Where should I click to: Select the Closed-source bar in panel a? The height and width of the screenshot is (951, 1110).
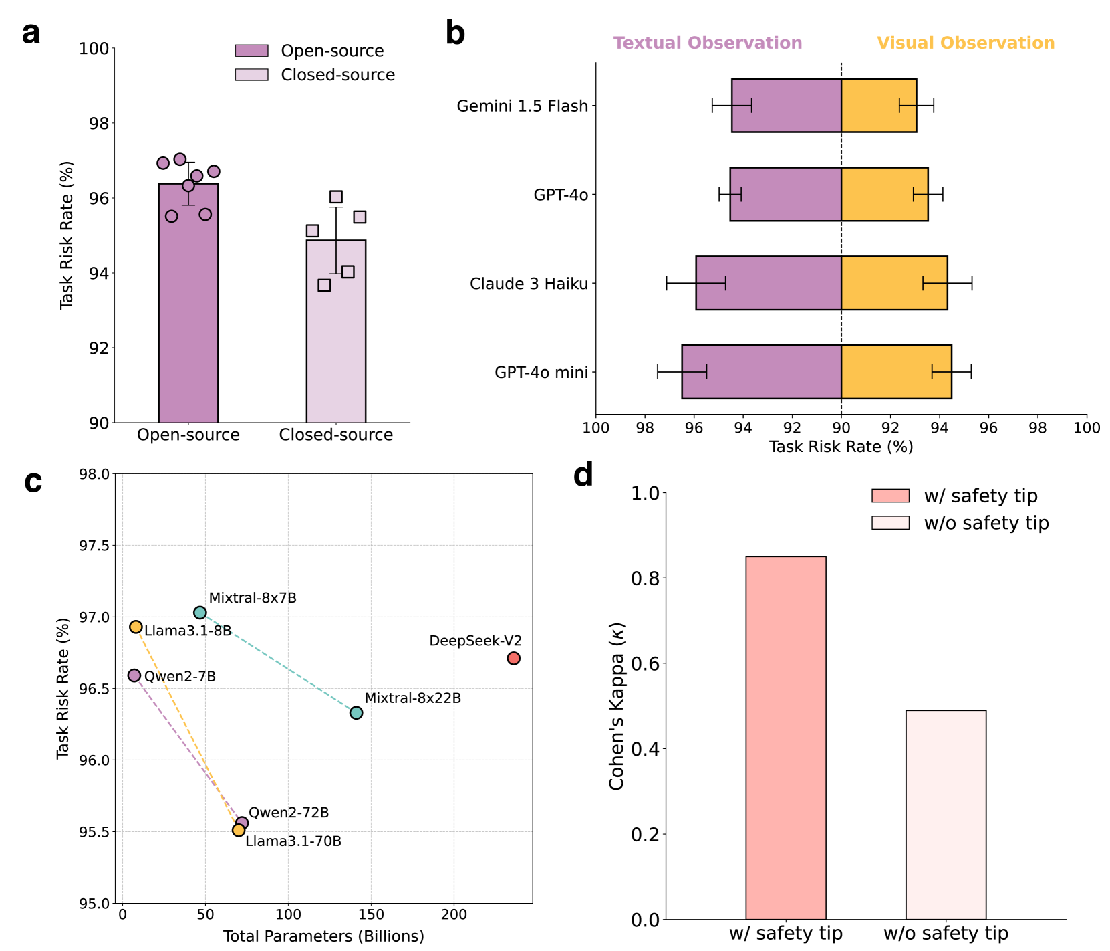[335, 334]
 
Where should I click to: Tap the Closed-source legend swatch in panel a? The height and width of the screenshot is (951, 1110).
[251, 74]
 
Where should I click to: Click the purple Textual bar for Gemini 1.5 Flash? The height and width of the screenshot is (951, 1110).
[786, 106]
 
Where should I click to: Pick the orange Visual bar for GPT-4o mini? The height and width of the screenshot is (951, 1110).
[895, 372]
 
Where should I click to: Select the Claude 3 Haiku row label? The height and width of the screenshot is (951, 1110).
[529, 284]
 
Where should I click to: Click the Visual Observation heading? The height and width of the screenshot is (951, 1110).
[965, 43]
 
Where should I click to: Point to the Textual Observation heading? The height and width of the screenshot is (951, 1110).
[707, 43]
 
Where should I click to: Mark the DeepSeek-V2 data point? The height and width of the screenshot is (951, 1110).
[513, 659]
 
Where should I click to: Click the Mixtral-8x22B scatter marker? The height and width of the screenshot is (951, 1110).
[356, 713]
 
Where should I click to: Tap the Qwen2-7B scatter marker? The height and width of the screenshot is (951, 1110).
[134, 675]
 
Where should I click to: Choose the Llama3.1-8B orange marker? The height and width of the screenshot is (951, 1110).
[136, 627]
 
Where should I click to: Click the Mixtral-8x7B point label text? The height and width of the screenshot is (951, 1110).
[253, 598]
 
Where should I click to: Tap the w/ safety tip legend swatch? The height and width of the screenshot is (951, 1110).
[890, 496]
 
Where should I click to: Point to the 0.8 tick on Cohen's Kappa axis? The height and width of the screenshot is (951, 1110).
[645, 578]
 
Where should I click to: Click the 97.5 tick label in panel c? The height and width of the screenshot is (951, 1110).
[93, 546]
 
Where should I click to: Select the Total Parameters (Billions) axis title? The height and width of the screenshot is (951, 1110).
[323, 936]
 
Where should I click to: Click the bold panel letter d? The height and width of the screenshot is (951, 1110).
[583, 476]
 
